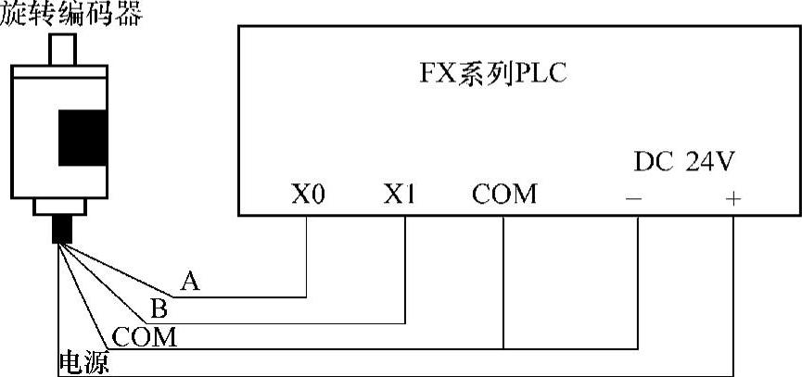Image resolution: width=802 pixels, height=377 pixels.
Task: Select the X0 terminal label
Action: (307, 195)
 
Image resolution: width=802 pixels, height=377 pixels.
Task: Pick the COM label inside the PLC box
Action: (503, 195)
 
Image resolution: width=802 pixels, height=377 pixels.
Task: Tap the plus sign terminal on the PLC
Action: (732, 198)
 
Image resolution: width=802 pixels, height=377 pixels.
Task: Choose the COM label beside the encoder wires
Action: (144, 336)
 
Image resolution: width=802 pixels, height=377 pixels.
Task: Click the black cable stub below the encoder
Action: (63, 229)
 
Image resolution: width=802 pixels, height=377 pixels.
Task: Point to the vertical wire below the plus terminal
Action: (732, 296)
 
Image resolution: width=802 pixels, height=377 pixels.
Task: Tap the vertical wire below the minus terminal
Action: (639, 283)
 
